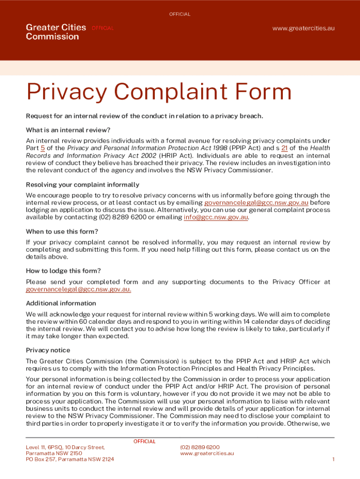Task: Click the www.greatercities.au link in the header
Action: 303,28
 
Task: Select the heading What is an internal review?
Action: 68,130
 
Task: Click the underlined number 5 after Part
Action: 43,148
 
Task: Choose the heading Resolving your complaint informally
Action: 82,185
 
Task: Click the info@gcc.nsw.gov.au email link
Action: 216,218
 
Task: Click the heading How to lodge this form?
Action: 63,271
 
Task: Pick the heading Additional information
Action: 61,303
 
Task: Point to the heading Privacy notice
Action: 48,350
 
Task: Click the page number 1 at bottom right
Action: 333,459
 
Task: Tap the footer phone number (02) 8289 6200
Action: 200,447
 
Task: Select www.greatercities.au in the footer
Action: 207,453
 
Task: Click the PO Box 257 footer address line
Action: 70,459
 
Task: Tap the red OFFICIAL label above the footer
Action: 144,442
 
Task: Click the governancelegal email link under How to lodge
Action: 79,290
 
